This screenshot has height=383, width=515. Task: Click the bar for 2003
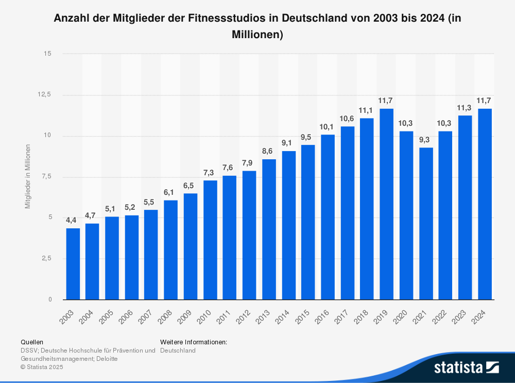73,264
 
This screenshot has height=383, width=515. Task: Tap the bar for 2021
426,224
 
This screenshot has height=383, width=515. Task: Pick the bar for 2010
210,240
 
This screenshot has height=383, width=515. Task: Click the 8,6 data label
269,151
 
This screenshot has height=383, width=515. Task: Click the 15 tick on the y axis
47,54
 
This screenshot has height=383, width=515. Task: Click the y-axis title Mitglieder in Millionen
28,177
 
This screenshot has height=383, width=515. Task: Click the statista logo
466,368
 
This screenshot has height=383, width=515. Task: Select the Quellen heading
32,342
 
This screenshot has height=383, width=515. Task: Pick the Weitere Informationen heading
194,342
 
